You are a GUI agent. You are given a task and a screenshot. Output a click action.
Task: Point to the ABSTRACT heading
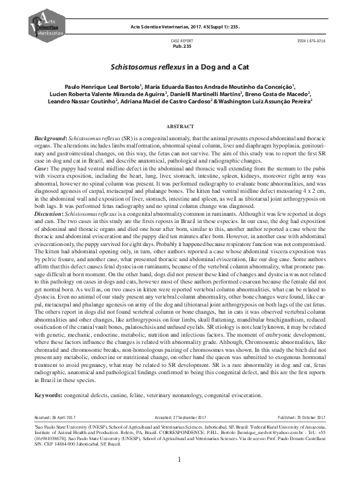coord(180,127)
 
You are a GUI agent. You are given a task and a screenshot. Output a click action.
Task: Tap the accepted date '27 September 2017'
coord(197,417)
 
